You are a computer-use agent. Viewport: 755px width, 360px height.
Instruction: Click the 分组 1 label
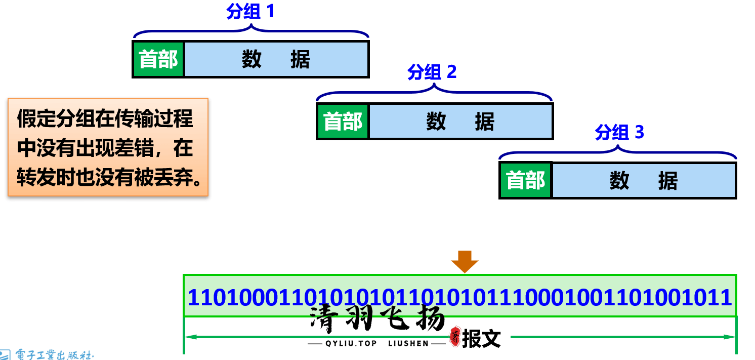point(250,12)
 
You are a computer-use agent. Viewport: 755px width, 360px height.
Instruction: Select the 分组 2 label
point(432,72)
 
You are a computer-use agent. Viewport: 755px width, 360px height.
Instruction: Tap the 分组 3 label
point(619,133)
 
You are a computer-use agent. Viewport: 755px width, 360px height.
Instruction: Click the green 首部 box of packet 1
point(158,59)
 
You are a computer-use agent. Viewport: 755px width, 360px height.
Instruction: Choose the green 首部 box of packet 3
point(526,181)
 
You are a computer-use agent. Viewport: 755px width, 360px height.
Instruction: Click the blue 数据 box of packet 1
point(276,59)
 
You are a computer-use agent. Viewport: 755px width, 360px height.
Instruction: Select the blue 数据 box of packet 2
point(460,122)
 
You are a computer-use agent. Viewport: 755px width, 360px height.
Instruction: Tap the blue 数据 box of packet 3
point(643,181)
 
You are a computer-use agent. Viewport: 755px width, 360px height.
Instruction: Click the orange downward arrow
point(465,261)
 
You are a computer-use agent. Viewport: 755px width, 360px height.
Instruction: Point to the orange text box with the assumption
point(108,147)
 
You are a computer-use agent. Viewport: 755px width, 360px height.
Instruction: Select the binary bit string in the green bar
point(459,297)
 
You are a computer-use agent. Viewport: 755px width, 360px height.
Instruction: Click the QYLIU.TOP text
point(351,343)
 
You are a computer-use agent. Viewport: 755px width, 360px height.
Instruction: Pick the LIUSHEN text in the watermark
point(408,343)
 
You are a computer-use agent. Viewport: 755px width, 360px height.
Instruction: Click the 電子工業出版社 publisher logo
point(48,354)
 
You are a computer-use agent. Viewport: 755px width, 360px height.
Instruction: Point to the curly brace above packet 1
point(250,32)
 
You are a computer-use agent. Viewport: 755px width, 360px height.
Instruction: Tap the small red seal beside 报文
point(455,337)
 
